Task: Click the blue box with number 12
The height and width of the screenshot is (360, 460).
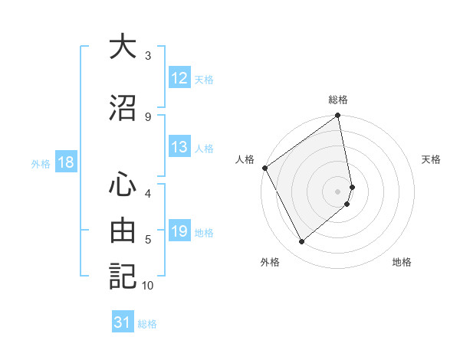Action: point(179,78)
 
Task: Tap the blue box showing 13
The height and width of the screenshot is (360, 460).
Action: point(179,147)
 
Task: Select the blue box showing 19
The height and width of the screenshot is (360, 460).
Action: point(179,232)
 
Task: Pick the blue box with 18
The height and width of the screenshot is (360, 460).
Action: point(65,162)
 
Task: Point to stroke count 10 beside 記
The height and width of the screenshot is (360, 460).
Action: point(148,286)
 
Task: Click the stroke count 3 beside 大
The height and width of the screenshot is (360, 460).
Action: point(148,56)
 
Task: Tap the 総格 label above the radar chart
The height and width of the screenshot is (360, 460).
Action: point(338,100)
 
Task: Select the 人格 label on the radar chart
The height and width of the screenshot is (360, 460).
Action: point(245,159)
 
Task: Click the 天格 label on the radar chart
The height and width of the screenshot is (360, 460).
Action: point(431,159)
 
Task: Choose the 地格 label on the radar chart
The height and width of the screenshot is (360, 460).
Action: point(402,262)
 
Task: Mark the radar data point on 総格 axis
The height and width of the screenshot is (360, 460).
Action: point(338,116)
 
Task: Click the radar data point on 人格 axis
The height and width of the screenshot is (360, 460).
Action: point(264,168)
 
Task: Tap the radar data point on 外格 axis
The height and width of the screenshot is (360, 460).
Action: point(302,241)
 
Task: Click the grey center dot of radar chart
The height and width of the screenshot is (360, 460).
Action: point(338,191)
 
